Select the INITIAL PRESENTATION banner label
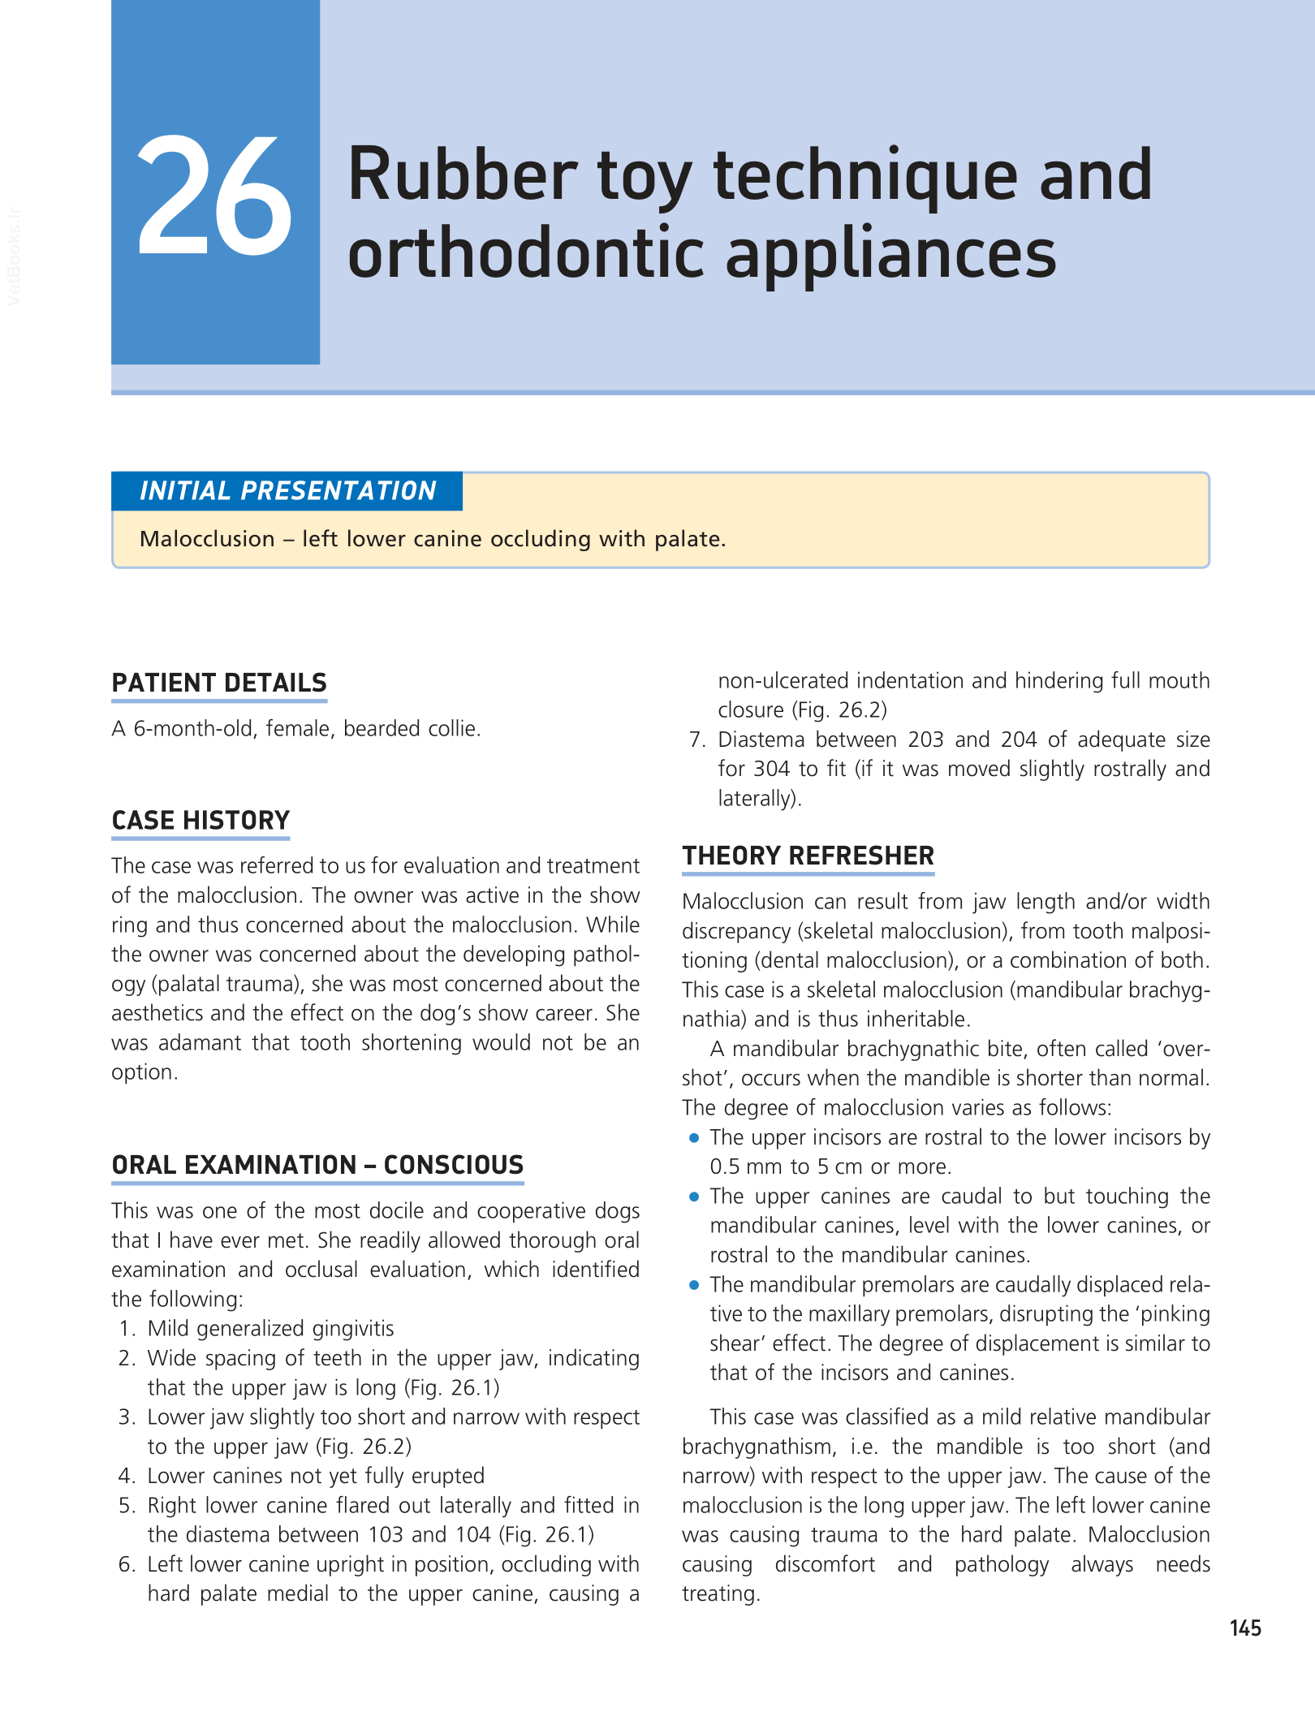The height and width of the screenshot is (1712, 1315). pyautogui.click(x=287, y=491)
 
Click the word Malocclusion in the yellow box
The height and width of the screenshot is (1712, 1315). pyautogui.click(x=207, y=539)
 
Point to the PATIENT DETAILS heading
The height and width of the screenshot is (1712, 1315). pyautogui.click(x=219, y=684)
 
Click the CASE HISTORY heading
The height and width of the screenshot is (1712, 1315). pyautogui.click(x=200, y=821)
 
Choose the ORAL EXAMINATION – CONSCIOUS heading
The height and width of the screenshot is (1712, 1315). pyautogui.click(x=317, y=1166)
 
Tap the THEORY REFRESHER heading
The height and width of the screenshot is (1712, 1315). pyautogui.click(x=808, y=856)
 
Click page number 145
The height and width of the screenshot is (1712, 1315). pyautogui.click(x=1245, y=1628)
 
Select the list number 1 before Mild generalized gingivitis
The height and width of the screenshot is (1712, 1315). pyautogui.click(x=126, y=1329)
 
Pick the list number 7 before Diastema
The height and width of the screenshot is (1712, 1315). pyautogui.click(x=696, y=740)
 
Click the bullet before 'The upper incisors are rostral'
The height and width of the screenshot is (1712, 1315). pyautogui.click(x=694, y=1138)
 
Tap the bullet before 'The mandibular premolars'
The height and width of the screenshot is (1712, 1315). pyautogui.click(x=694, y=1285)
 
